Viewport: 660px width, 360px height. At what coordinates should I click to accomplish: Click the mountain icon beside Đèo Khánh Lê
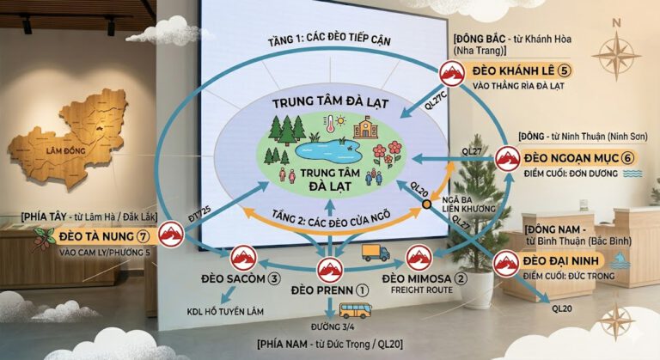[452, 73]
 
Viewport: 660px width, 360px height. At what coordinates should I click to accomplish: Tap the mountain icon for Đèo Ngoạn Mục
[507, 159]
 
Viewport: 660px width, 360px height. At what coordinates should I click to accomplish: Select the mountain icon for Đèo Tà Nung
[171, 234]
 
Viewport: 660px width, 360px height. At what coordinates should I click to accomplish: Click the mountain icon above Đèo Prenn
[330, 270]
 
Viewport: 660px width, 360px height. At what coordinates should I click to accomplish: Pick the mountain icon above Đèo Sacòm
[243, 258]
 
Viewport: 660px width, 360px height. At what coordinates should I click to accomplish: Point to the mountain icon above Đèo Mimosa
[419, 258]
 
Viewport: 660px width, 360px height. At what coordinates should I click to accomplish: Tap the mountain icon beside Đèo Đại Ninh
[506, 263]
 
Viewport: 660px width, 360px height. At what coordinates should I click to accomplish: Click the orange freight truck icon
[376, 253]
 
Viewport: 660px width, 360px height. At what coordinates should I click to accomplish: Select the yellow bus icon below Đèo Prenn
[355, 311]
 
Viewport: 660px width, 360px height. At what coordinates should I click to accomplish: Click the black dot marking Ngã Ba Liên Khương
[427, 204]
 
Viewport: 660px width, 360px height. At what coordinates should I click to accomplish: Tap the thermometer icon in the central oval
[329, 123]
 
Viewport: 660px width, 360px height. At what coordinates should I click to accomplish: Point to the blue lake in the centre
[328, 150]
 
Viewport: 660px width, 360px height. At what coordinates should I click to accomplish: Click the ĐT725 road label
[199, 213]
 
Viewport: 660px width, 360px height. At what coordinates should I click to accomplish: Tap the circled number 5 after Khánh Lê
[564, 70]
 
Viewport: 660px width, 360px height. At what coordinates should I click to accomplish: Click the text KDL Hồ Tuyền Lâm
[225, 312]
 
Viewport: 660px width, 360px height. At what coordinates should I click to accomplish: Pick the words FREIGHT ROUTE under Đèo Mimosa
[422, 290]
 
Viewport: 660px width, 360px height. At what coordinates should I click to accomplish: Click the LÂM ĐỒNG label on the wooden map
[65, 150]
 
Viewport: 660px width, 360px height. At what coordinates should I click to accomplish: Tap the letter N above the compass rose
[616, 23]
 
